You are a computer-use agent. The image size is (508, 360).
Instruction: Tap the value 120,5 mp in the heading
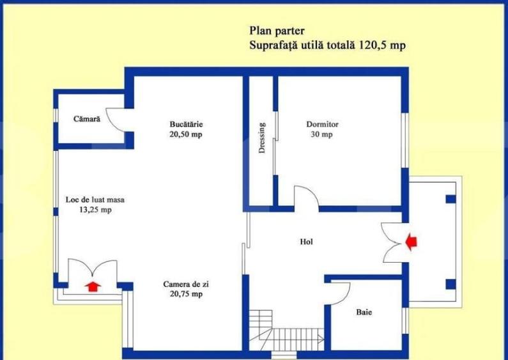[x=383, y=45]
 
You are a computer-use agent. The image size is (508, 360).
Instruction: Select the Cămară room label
[x=86, y=119]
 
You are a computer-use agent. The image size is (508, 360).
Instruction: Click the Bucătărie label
[x=187, y=124]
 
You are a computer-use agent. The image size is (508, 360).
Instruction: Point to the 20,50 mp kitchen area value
[x=187, y=135]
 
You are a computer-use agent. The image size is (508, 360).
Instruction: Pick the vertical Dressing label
[x=262, y=138]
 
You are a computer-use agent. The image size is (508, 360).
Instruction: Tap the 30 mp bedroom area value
[x=321, y=135]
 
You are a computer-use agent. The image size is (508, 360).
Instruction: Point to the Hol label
[x=307, y=242]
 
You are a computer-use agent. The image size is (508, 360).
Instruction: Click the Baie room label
[x=364, y=313]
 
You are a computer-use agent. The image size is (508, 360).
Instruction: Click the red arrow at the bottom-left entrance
[x=93, y=285]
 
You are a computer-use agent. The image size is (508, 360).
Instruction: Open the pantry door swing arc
[x=116, y=120]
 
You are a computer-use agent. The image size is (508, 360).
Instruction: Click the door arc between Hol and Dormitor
[x=305, y=197]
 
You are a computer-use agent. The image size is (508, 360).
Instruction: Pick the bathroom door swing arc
[x=339, y=295]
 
